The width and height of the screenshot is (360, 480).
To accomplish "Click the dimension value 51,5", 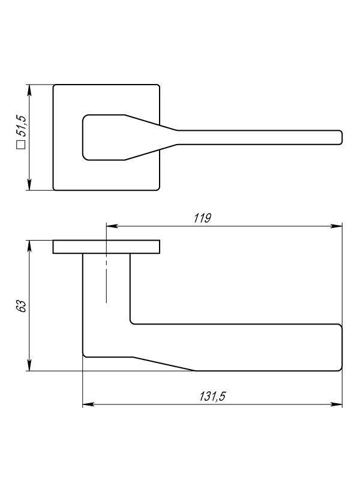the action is click(x=22, y=126).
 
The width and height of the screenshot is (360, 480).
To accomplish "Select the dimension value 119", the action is click(x=202, y=218).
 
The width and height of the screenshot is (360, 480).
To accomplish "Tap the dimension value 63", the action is click(x=21, y=306).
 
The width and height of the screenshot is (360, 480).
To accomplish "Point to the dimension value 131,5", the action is click(x=212, y=397).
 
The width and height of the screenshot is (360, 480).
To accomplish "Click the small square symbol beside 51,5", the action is click(x=21, y=145).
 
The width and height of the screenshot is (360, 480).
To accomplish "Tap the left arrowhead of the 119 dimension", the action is click(x=112, y=226).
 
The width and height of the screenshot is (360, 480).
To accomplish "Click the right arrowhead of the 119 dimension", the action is click(x=337, y=226).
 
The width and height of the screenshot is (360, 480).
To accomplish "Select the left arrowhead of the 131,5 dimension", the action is click(x=88, y=404).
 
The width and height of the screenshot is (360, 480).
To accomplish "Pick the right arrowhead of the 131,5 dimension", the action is click(x=337, y=404).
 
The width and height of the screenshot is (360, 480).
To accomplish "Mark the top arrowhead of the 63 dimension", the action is click(x=29, y=246).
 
